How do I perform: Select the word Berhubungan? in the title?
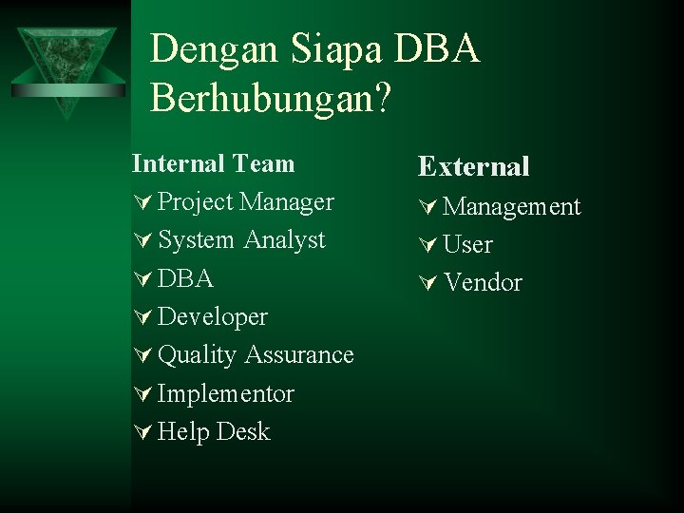tap(270, 98)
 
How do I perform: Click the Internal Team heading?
tap(214, 163)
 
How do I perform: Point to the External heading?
tap(474, 167)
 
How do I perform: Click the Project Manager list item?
tap(245, 202)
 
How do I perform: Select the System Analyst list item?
tap(241, 240)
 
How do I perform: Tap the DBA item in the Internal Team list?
tap(185, 279)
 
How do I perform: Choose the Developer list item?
tap(213, 317)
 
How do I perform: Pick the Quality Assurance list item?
tap(256, 355)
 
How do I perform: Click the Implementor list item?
tap(226, 393)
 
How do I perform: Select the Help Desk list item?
tap(214, 431)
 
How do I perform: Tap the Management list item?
tap(512, 206)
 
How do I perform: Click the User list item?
tap(467, 244)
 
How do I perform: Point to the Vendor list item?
tap(484, 282)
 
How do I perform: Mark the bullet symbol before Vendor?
tap(427, 283)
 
